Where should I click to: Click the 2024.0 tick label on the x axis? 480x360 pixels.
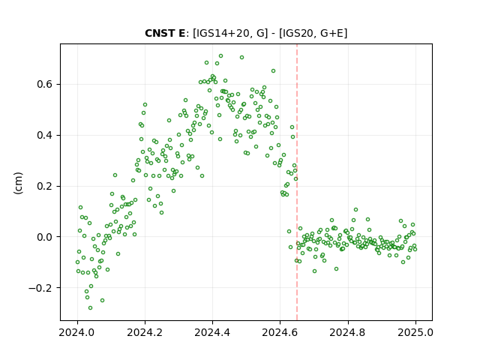[77, 332]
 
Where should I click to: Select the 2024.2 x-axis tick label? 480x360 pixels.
[145, 332]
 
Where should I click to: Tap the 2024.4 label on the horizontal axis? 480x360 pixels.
[212, 332]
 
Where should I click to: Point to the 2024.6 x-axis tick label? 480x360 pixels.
[280, 332]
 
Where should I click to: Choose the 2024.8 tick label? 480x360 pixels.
[348, 332]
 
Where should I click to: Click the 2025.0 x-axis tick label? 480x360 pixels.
[415, 332]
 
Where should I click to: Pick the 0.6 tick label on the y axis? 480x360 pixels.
[44, 85]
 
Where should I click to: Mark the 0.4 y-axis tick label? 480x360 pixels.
[44, 135]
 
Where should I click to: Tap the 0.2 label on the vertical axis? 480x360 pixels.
[44, 186]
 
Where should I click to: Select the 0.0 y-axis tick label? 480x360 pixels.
[44, 237]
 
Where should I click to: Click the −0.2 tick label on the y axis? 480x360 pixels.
[40, 288]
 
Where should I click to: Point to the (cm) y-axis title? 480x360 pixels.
[18, 182]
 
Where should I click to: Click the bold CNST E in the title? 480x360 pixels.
[165, 33]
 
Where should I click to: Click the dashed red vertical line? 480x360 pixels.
[297, 182]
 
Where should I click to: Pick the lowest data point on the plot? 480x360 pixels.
[90, 307]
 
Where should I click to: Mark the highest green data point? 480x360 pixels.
[220, 56]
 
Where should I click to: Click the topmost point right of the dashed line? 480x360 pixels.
[355, 210]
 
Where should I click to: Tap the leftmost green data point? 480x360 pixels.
[77, 262]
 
